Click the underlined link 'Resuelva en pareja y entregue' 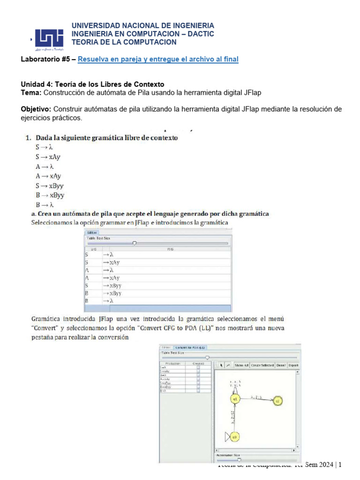(x=157, y=59)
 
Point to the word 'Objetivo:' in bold (x=36, y=109)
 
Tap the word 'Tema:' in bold (x=31, y=93)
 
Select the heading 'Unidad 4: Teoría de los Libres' (x=92, y=84)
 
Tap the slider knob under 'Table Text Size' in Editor (x=135, y=243)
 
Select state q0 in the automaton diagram (x=235, y=437)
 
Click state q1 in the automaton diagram (x=235, y=398)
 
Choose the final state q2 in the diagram (x=277, y=401)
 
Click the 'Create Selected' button (x=262, y=365)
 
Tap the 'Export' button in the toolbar (x=293, y=365)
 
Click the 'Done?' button (x=281, y=365)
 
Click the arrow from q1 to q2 (x=256, y=399)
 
